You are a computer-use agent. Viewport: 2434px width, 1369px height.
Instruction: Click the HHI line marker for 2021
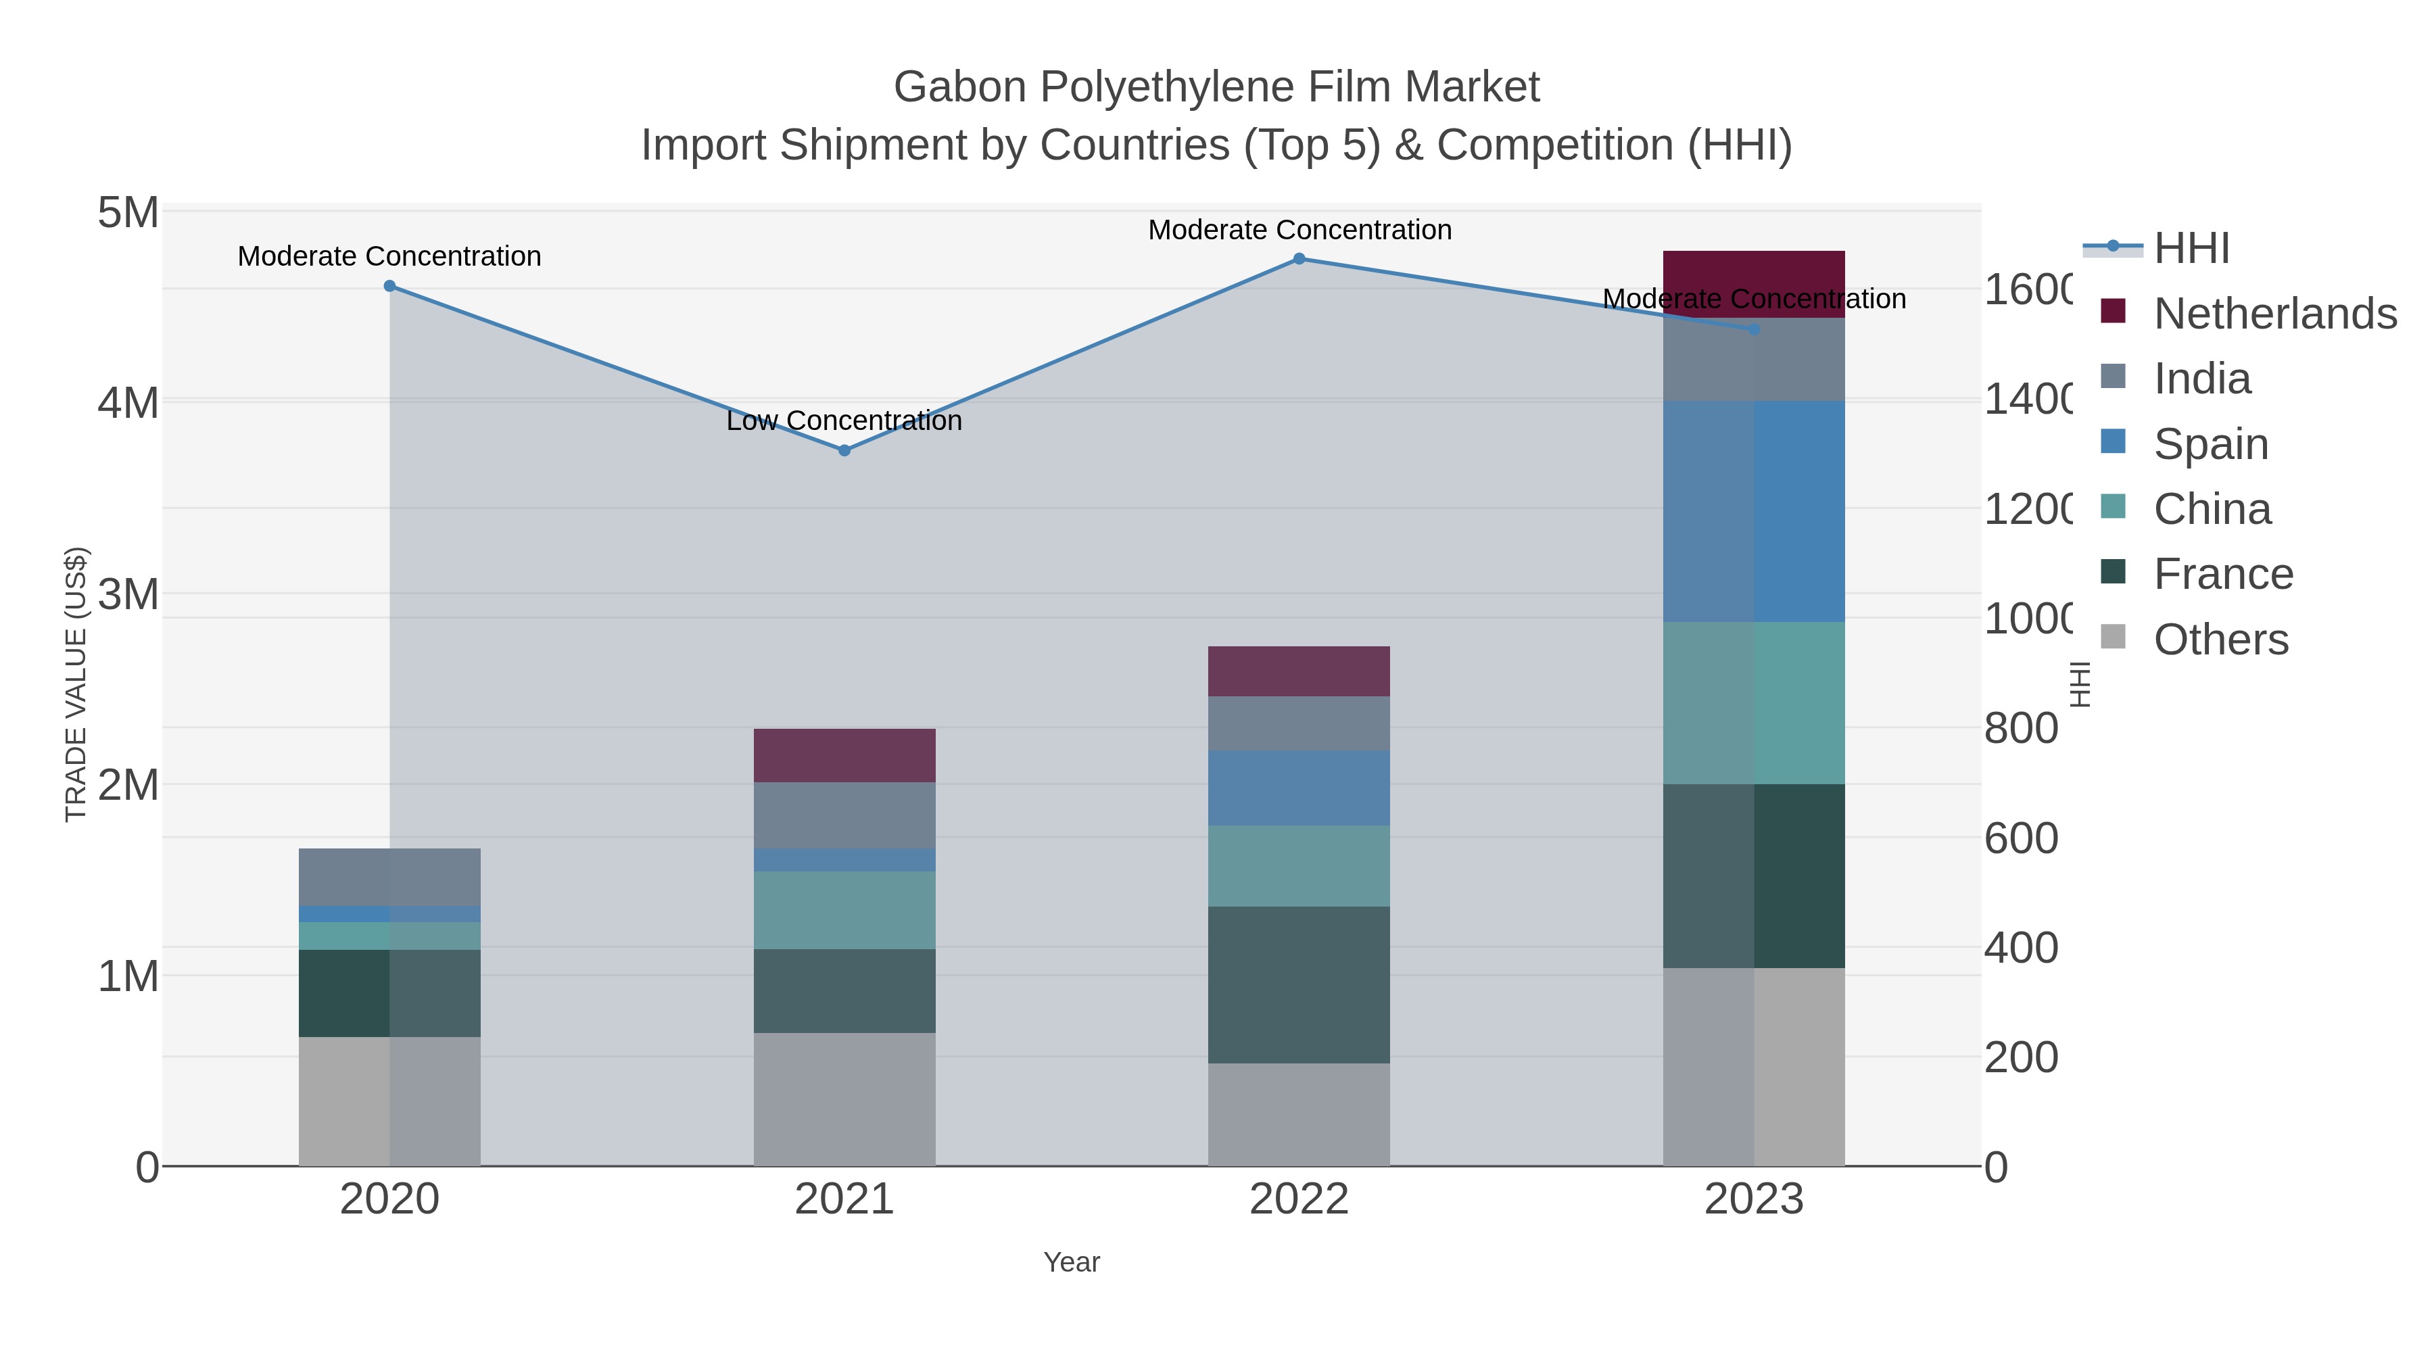[844, 451]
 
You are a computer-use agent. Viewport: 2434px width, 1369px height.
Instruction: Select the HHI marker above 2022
[1299, 259]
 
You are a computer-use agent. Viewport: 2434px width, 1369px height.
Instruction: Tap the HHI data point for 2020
[389, 286]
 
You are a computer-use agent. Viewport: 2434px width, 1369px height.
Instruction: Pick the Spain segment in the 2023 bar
[1754, 511]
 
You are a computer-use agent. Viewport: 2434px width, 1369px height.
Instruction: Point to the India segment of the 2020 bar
[389, 877]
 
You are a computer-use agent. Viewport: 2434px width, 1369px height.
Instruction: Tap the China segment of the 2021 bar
[844, 910]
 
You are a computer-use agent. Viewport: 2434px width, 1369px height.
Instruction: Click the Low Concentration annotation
[844, 421]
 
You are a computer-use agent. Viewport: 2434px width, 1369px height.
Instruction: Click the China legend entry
[2211, 509]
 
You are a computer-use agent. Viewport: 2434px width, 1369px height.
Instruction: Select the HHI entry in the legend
[2190, 249]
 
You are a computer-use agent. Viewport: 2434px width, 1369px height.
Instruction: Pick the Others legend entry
[2220, 640]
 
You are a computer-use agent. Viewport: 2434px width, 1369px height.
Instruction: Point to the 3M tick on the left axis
[128, 594]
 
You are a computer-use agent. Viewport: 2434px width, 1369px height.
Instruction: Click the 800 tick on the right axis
[2020, 728]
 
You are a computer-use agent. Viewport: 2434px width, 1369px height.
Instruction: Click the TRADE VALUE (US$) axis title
[76, 684]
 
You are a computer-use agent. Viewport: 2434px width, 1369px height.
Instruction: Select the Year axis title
[1072, 1262]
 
